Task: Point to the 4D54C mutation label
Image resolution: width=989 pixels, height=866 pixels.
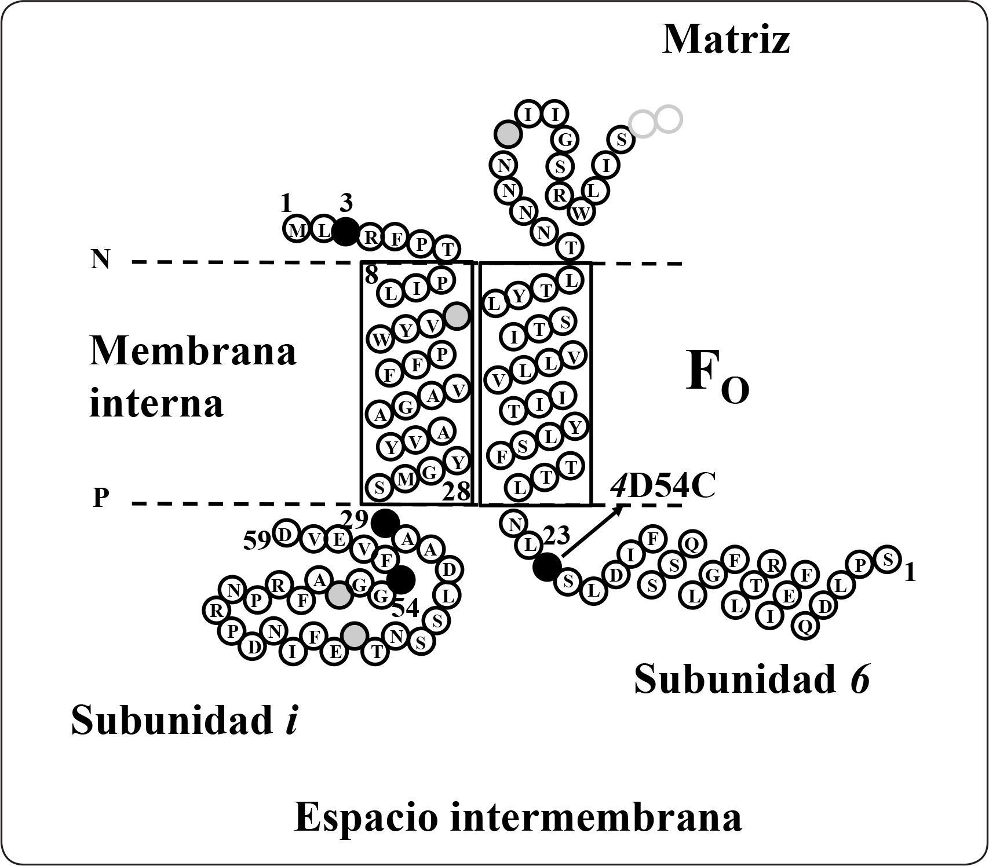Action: (x=663, y=487)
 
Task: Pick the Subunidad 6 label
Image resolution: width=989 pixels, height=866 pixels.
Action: (x=752, y=679)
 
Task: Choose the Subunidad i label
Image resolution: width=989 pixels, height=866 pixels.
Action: (x=184, y=721)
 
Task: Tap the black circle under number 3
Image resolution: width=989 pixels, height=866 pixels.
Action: (x=346, y=232)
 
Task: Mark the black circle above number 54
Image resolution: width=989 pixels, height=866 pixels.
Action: (x=401, y=580)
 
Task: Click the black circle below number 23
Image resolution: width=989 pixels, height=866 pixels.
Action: (x=546, y=566)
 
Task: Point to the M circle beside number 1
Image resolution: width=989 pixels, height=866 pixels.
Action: (x=297, y=230)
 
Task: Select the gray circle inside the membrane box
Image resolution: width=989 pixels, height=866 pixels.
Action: (x=457, y=316)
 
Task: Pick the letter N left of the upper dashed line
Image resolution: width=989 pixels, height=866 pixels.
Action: (x=100, y=261)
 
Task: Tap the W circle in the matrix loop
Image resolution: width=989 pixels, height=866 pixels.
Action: (x=582, y=213)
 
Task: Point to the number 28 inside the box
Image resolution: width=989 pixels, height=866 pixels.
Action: (x=456, y=492)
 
